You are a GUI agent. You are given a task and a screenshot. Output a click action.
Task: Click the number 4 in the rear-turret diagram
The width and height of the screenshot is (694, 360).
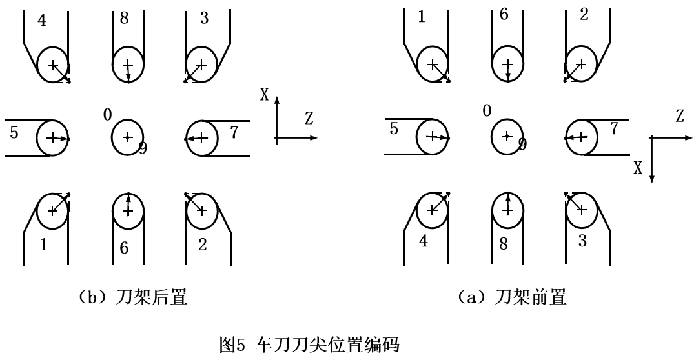tap(42, 20)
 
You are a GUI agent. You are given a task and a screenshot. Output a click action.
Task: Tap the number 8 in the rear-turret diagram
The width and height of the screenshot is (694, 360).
tap(124, 18)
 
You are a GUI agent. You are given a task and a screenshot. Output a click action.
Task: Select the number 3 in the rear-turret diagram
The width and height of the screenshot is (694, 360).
tap(204, 18)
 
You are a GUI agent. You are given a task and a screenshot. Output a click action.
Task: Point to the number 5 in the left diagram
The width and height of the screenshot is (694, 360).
tap(14, 134)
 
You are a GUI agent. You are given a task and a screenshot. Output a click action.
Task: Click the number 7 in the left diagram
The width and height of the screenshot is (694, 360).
tap(234, 132)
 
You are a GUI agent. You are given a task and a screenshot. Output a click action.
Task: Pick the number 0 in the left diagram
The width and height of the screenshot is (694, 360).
tap(108, 114)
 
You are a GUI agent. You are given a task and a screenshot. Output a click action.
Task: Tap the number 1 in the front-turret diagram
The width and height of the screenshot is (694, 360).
tap(422, 17)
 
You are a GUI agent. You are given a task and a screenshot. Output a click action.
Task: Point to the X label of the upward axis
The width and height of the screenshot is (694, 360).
tap(265, 95)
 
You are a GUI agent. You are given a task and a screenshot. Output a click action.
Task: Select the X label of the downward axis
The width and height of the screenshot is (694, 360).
tap(638, 168)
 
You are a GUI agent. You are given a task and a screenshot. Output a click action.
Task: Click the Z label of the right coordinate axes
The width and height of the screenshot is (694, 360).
tap(679, 117)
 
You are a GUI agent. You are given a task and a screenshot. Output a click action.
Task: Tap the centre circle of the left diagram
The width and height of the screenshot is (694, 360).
tap(127, 137)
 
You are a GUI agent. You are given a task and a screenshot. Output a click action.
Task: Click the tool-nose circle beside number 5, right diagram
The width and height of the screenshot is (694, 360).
tap(433, 137)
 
